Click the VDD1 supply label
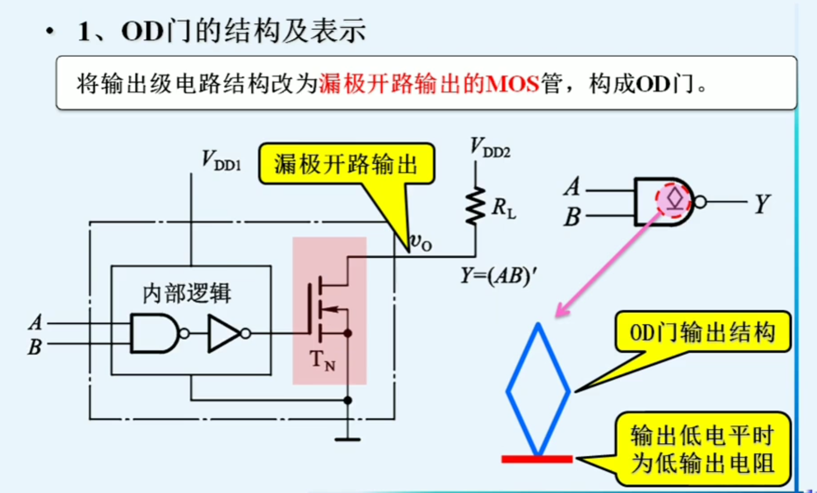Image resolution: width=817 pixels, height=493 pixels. [221, 160]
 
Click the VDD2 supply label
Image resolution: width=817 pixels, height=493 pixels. [489, 148]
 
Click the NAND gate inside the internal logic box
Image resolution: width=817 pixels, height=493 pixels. [155, 333]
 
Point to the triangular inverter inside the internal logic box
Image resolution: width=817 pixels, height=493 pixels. [224, 333]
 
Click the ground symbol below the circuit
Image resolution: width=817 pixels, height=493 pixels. [348, 438]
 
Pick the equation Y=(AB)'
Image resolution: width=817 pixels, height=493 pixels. [498, 275]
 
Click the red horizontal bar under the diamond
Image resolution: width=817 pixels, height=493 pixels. [537, 459]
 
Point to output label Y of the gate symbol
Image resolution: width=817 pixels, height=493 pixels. [762, 203]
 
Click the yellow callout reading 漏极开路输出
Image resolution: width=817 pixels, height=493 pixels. [346, 165]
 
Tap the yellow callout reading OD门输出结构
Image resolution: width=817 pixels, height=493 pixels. [702, 333]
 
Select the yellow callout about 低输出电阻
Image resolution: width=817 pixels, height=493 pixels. [702, 449]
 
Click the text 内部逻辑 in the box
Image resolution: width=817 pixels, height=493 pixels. [187, 293]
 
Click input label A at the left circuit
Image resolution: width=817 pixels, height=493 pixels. [35, 322]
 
